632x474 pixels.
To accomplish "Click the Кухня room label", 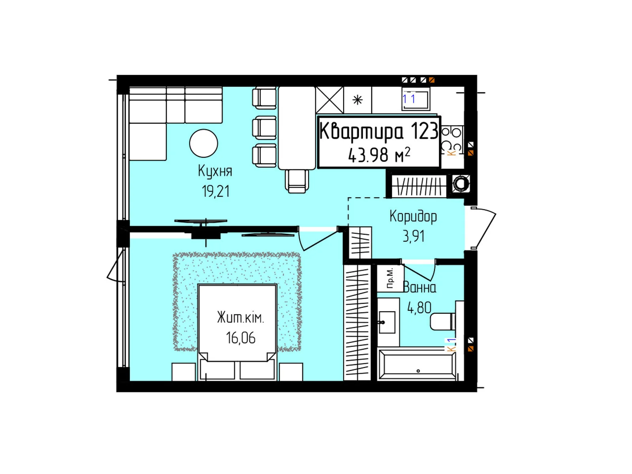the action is tap(215, 171).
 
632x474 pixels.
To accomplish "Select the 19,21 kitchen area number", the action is tap(215, 191).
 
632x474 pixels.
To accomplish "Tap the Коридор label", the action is tap(413, 217).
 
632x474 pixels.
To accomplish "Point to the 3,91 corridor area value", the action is tap(414, 236).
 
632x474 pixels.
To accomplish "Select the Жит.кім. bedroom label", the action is tap(241, 318).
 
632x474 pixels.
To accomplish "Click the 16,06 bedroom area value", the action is tap(241, 338).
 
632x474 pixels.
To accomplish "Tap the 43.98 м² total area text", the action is tap(379, 155).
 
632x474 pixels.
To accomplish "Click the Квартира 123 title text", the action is tap(379, 131).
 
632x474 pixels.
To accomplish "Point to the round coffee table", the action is tap(203, 143).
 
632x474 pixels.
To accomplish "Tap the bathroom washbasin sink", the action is tap(387, 322).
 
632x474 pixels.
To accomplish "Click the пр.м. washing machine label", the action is tap(390, 278).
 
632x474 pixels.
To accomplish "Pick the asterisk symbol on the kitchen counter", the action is tap(357, 100).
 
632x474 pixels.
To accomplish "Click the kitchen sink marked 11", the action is tap(416, 99).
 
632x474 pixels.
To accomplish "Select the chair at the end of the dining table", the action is tap(297, 181).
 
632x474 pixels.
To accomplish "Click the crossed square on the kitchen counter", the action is tap(330, 100).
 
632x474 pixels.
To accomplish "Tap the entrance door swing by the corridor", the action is tap(484, 228).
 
